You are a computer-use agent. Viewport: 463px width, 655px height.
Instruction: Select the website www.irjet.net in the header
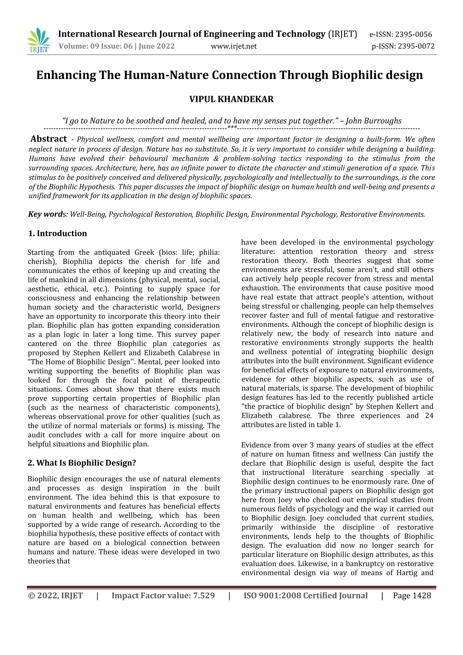(234, 46)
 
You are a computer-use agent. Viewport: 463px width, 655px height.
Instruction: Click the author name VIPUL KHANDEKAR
(231, 99)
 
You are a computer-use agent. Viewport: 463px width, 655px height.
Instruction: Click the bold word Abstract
(48, 139)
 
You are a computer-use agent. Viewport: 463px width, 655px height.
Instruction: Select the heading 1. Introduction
(57, 233)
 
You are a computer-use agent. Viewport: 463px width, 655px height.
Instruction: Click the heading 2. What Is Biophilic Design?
(82, 463)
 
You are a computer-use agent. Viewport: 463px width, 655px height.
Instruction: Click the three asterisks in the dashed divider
(232, 127)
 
